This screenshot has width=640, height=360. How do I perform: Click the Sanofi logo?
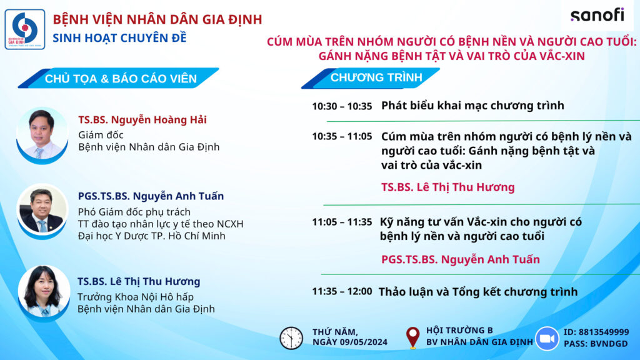coord(597,16)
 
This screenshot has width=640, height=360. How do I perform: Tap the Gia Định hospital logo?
coord(25,29)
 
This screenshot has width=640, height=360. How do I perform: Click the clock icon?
coord(291,338)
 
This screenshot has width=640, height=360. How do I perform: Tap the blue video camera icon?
coord(547,338)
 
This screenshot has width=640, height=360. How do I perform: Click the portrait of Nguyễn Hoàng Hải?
coord(42,136)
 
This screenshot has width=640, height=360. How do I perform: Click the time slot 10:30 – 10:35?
coord(342,106)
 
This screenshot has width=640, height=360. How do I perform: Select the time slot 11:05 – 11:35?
coord(342,222)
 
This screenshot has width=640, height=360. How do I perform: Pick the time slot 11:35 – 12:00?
coord(342,291)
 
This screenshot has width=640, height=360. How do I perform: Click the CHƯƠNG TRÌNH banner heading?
coord(376,77)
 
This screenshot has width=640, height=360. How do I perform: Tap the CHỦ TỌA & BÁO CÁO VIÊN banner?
coord(121,79)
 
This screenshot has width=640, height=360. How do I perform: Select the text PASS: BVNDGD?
coord(596,344)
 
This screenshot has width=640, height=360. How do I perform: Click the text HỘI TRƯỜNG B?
coord(459,330)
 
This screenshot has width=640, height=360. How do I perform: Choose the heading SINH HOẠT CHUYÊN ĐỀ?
coord(119,38)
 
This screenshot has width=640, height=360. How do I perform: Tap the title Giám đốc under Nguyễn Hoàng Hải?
coord(101,135)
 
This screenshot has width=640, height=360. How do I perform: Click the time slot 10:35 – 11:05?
coord(342,136)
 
